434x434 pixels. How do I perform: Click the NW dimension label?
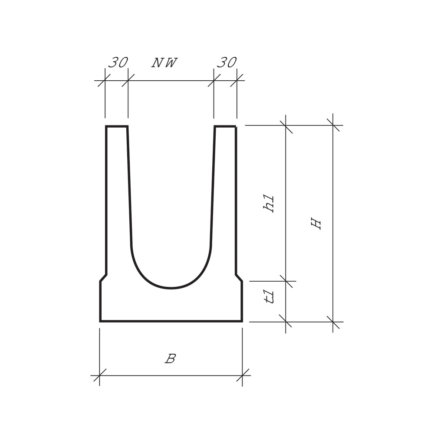(x=164, y=63)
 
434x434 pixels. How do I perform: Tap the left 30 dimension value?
(x=118, y=63)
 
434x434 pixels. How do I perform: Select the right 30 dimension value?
(x=227, y=63)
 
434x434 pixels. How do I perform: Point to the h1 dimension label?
(x=269, y=203)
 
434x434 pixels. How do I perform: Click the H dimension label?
(x=316, y=224)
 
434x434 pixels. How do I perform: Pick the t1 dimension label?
(x=270, y=297)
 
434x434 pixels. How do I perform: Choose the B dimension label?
(x=171, y=359)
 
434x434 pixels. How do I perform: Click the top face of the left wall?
(x=117, y=126)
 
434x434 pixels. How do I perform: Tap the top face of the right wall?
(x=225, y=126)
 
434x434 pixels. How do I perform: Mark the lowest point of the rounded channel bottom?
(x=171, y=288)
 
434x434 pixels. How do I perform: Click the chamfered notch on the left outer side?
(x=103, y=278)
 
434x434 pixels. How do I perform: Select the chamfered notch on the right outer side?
(x=239, y=278)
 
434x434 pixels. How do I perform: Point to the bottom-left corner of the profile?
(x=100, y=321)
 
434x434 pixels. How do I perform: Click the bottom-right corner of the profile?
(x=242, y=321)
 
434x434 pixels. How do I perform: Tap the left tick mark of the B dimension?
(x=99, y=375)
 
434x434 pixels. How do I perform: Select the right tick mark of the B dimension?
(x=242, y=375)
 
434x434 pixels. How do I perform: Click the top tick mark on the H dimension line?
(x=333, y=125)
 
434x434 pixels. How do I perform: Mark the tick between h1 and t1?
(x=286, y=281)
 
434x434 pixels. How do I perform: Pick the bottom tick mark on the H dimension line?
(x=333, y=322)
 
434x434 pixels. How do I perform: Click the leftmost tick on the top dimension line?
(x=105, y=80)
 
